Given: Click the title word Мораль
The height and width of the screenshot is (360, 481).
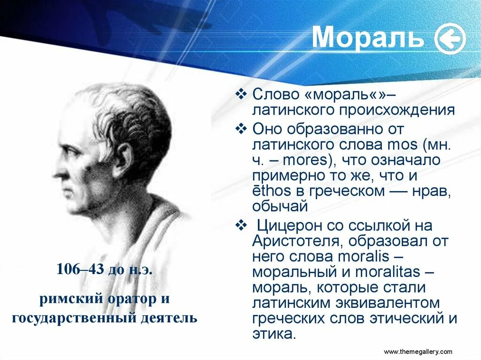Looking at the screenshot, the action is pyautogui.click(x=367, y=38).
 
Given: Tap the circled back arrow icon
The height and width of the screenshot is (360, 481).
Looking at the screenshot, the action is pyautogui.click(x=450, y=39).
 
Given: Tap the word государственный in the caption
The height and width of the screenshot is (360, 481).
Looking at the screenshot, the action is pyautogui.click(x=74, y=317).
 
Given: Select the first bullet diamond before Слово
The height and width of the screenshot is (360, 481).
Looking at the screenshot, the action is pyautogui.click(x=241, y=94).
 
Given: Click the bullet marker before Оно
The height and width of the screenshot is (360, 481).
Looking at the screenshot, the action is pyautogui.click(x=241, y=128).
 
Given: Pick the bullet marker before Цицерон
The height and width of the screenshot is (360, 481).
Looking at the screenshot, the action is pyautogui.click(x=241, y=225).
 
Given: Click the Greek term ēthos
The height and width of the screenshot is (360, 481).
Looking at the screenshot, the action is pyautogui.click(x=272, y=191).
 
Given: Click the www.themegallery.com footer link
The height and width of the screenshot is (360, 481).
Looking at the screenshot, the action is pyautogui.click(x=418, y=352).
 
